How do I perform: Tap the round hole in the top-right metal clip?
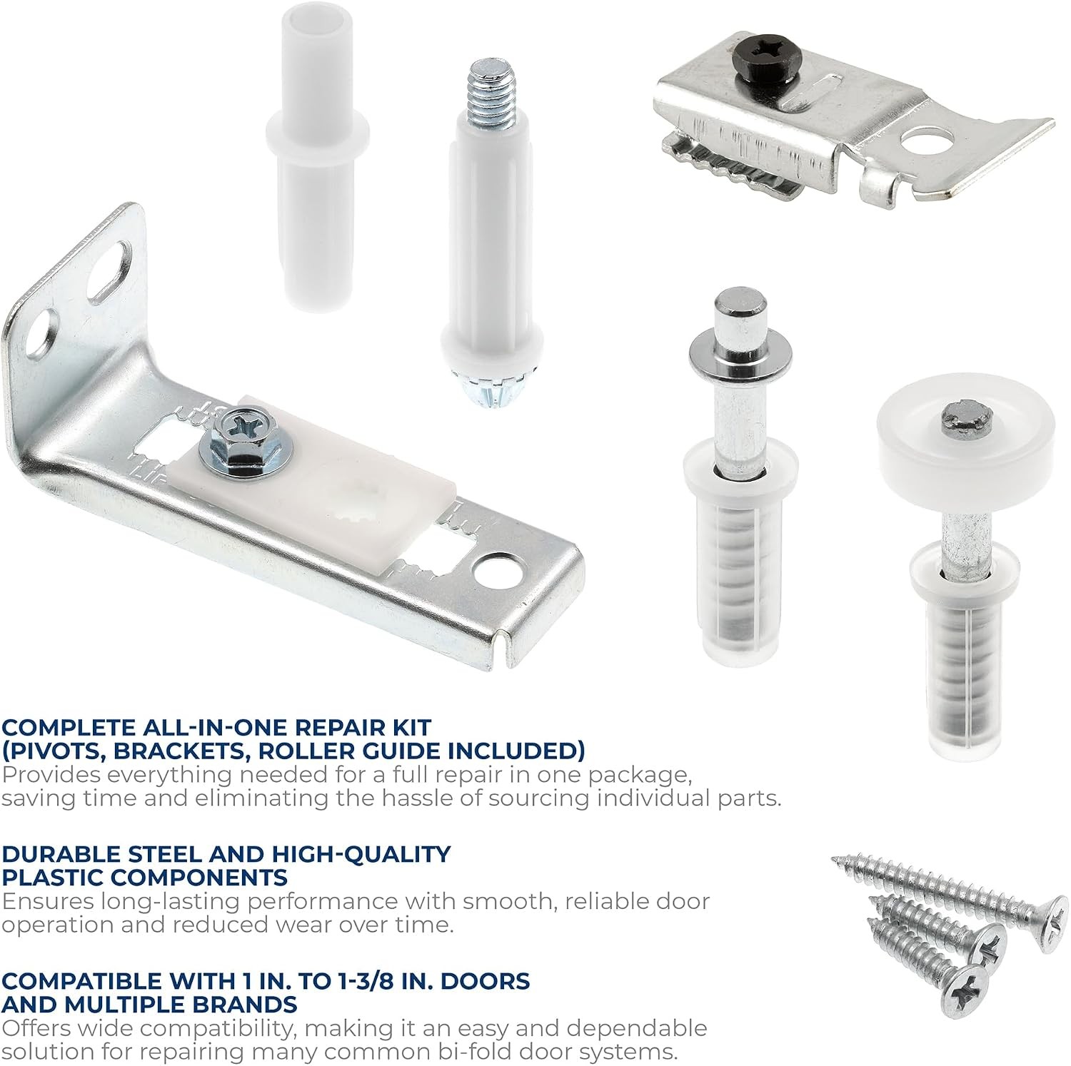[x=927, y=141]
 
